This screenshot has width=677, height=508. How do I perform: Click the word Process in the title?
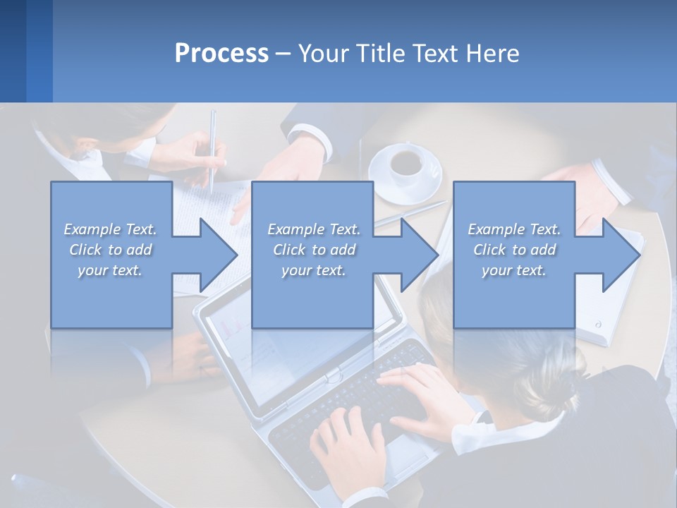point(221,54)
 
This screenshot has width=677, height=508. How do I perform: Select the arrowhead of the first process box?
point(218,255)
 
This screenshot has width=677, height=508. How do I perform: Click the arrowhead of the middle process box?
point(419,255)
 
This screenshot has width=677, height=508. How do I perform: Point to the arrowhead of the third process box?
point(621,255)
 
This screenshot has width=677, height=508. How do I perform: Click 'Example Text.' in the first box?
point(110,229)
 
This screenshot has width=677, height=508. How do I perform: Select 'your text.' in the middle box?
point(313,270)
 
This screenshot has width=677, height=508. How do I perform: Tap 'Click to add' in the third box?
point(514,250)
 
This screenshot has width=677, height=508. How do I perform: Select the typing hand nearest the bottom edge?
point(349,445)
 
